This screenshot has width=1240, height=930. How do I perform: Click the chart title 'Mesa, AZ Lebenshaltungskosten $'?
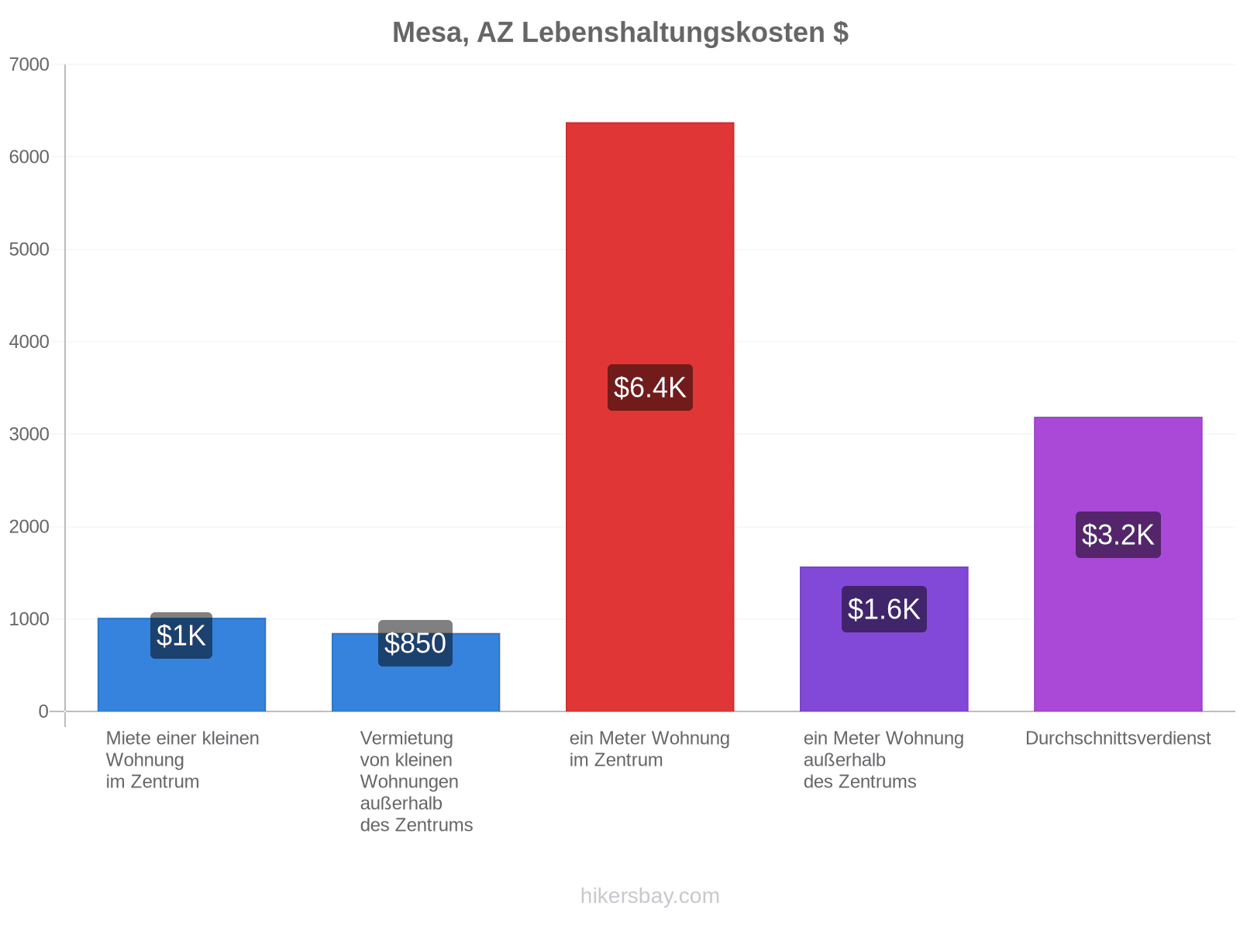coord(620,33)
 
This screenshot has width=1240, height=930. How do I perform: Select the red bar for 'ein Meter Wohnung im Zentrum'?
coord(649,417)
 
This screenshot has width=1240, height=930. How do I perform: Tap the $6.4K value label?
coord(649,387)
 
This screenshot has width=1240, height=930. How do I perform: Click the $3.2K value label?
coord(1118,535)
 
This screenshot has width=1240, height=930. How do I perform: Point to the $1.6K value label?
coord(883,609)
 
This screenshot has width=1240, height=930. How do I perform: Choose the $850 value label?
coord(415,643)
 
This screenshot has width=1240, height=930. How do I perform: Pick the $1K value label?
coord(181,635)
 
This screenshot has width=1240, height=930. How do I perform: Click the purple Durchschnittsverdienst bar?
coord(1118,564)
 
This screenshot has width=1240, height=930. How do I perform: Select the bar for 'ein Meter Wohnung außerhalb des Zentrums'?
coord(883,639)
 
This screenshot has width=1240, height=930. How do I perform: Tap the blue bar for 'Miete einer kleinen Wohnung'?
coord(181,665)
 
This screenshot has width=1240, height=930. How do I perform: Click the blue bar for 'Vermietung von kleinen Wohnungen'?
coord(415,672)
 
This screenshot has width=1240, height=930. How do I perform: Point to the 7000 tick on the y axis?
coord(29,64)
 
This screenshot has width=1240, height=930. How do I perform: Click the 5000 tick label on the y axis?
coord(29,249)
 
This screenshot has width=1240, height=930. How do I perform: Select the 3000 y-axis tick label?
coord(29,434)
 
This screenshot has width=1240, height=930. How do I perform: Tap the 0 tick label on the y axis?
coord(43,711)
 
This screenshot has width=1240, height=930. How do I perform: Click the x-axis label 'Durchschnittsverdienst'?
coord(1118,738)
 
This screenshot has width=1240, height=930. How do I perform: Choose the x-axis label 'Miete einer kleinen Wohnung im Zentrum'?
coord(182,759)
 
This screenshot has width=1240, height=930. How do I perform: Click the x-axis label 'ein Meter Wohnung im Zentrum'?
coord(649,749)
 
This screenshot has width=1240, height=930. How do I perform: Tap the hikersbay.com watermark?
coord(649,896)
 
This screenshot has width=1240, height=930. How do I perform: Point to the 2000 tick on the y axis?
coord(29,526)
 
